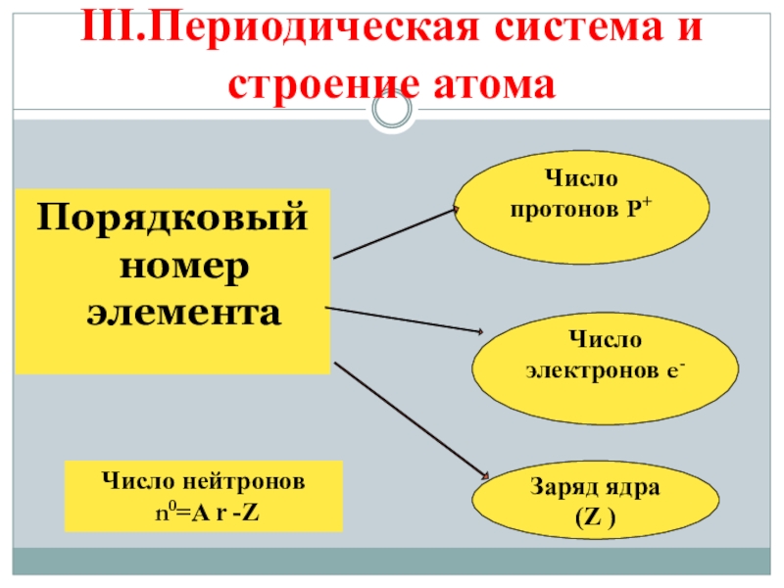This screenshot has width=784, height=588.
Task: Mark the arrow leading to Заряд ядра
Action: [410, 419]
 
